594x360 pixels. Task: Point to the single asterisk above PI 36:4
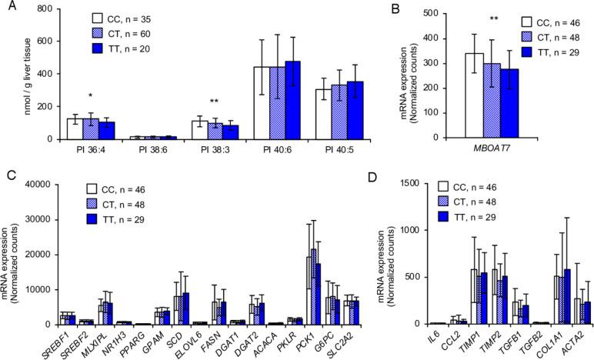tap(92, 96)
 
